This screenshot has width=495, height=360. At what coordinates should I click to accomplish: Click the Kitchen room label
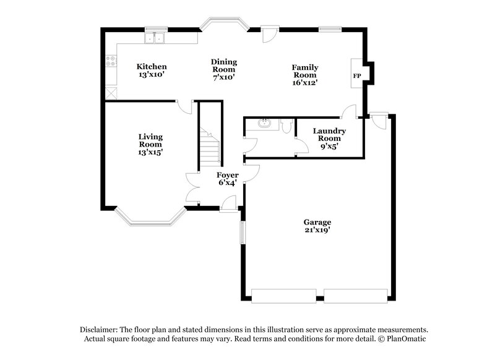coord(152,66)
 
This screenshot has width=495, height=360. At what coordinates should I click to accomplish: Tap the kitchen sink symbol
coord(155,39)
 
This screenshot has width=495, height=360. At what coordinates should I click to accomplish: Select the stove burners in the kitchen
coord(111,61)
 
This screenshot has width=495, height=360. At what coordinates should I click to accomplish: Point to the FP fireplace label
coord(356,75)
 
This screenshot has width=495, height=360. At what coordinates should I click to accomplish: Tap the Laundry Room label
coord(329,134)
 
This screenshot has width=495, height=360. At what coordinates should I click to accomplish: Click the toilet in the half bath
coord(286,126)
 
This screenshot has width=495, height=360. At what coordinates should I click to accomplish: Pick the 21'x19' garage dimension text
coord(317,230)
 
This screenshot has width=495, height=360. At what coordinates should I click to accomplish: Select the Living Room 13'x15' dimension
coord(150,152)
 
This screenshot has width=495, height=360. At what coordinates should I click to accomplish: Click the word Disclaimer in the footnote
coord(99,330)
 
